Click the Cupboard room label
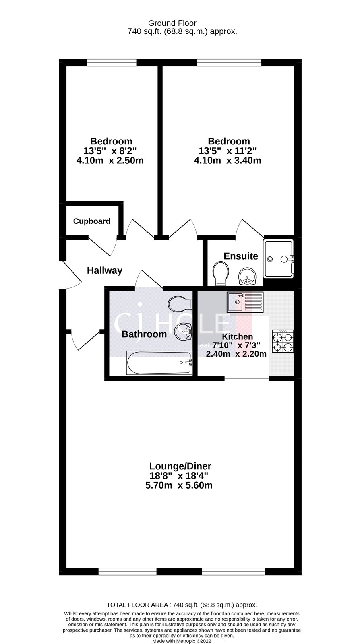click(x=92, y=221)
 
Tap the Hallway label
click(x=105, y=270)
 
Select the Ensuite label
click(x=241, y=256)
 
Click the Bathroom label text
click(x=144, y=334)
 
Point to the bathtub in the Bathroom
click(x=159, y=363)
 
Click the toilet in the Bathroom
click(x=180, y=303)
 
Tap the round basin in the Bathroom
click(x=183, y=332)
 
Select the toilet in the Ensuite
click(x=221, y=273)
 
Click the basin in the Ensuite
click(x=247, y=276)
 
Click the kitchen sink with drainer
click(x=245, y=302)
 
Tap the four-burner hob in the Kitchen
click(x=283, y=341)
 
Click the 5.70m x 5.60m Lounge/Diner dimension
click(x=179, y=485)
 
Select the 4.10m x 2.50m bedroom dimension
click(x=110, y=161)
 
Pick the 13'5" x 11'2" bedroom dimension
click(x=228, y=151)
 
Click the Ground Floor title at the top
click(x=172, y=23)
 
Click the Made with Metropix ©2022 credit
click(x=182, y=641)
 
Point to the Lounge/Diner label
click(x=180, y=466)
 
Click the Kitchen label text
click(x=238, y=336)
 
